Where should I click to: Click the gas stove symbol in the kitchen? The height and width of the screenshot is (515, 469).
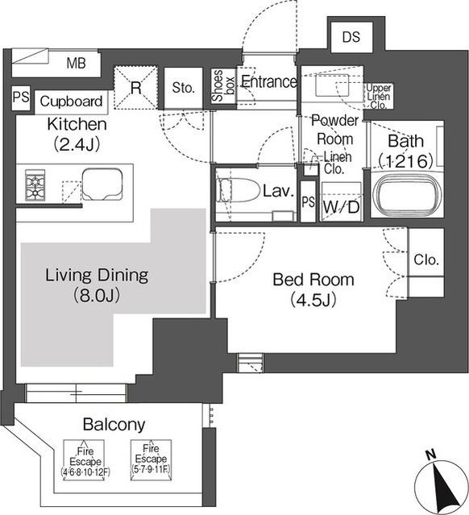click(x=35, y=185)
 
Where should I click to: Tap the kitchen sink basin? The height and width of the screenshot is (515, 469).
click(x=102, y=185)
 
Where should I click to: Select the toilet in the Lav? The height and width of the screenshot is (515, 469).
click(x=236, y=190)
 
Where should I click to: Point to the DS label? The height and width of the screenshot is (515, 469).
click(x=351, y=37)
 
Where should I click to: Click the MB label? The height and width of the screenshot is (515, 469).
click(x=77, y=63)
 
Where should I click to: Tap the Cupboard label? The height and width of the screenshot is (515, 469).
click(x=71, y=102)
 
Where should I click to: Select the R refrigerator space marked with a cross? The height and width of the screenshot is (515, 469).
click(x=135, y=87)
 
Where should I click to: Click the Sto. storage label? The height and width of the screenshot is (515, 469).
click(x=183, y=88)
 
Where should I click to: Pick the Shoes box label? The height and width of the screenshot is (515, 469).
click(x=223, y=85)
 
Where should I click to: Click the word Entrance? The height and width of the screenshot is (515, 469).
click(x=269, y=81)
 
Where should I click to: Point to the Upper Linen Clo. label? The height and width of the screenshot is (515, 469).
click(x=379, y=97)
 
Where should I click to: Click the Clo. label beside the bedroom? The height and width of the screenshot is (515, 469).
click(x=426, y=260)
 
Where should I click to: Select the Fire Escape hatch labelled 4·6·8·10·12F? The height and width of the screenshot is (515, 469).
click(x=85, y=460)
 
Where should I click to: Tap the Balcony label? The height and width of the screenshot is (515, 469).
click(x=114, y=425)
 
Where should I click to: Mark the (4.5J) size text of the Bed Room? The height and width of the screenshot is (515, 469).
click(x=313, y=300)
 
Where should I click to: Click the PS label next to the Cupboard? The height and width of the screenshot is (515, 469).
click(x=21, y=98)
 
